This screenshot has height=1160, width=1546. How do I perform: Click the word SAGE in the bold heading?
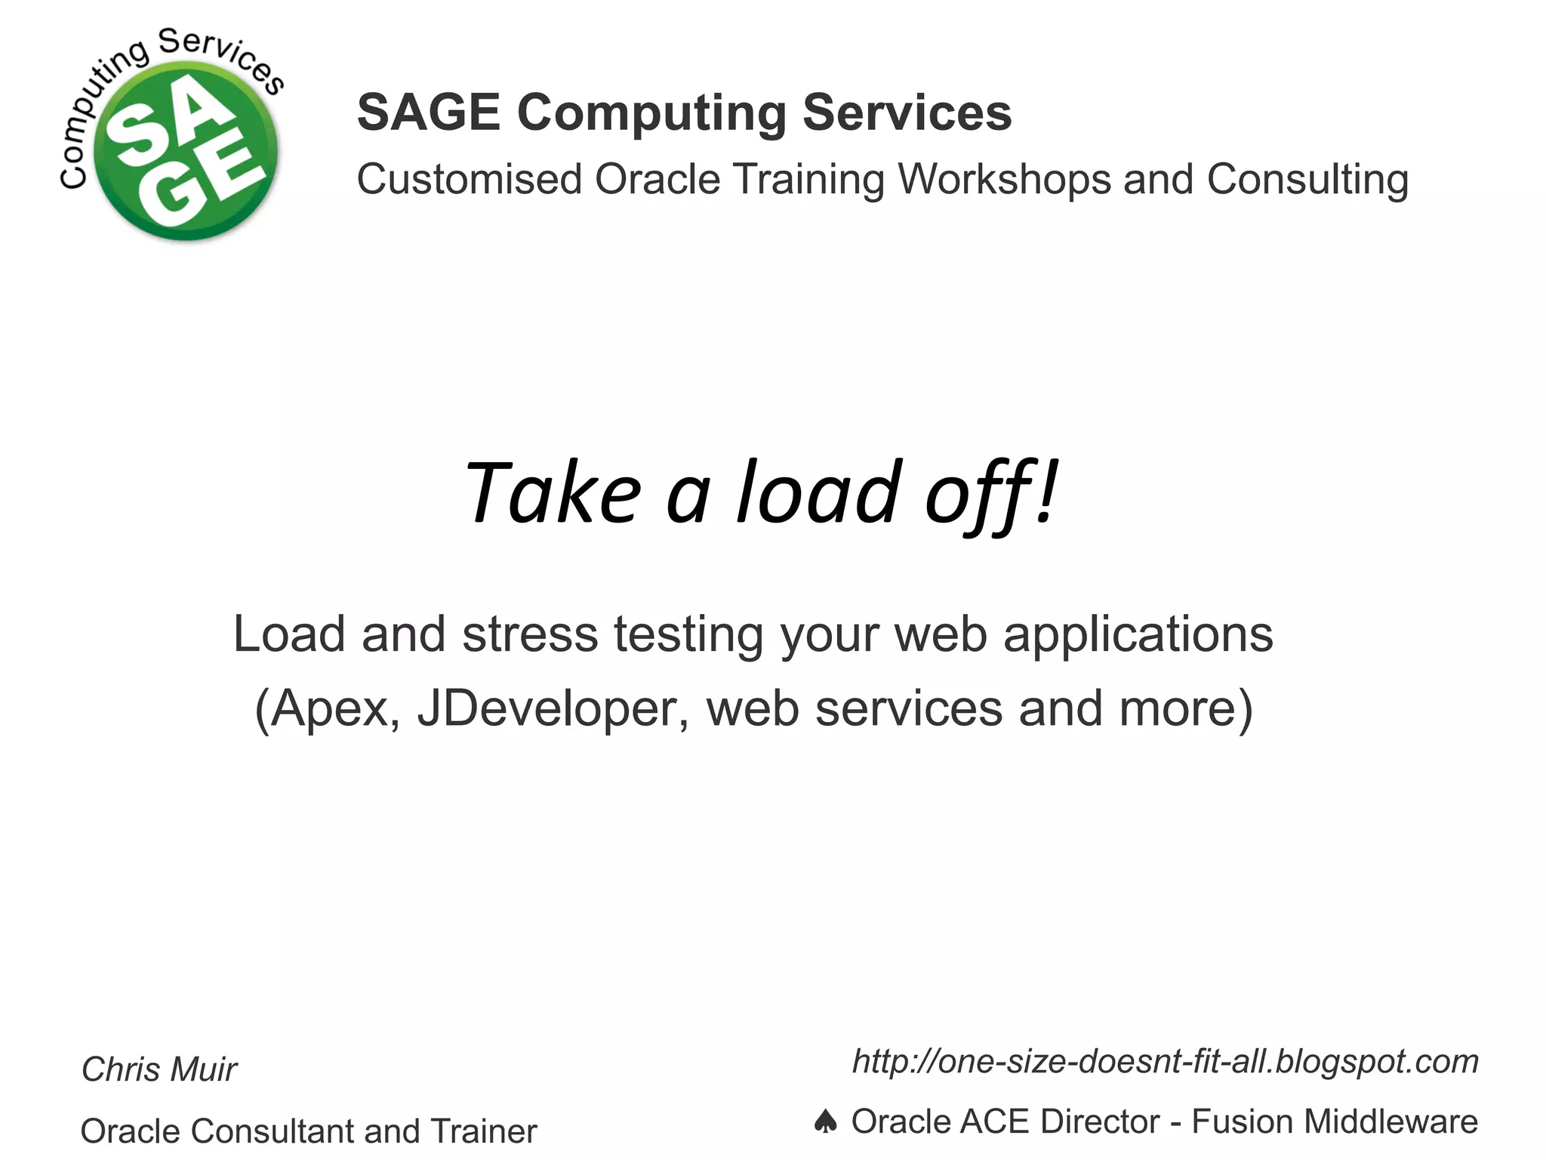(x=428, y=113)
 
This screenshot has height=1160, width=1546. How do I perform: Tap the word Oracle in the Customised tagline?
(x=658, y=180)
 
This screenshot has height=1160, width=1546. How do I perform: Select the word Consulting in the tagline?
(x=1307, y=180)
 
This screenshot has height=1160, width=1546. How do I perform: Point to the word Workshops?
(x=1005, y=180)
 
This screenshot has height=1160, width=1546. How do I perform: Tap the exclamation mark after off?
(x=1047, y=493)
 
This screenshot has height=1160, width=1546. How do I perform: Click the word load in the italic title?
(x=818, y=493)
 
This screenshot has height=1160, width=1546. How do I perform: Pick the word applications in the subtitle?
(x=1138, y=634)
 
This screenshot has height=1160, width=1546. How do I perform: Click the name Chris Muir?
(x=159, y=1069)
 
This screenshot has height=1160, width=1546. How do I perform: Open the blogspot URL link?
(x=1165, y=1062)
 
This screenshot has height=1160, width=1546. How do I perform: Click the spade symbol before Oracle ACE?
(x=826, y=1121)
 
